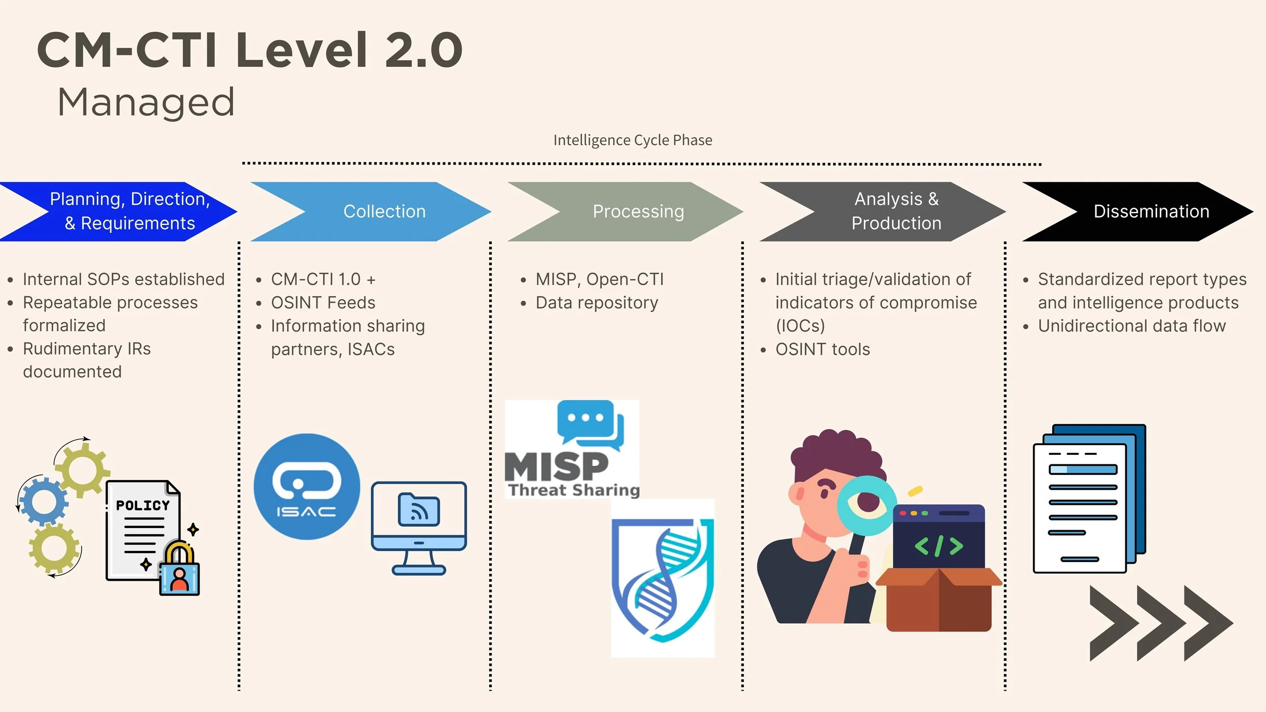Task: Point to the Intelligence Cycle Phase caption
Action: pos(632,140)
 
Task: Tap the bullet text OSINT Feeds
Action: pos(323,302)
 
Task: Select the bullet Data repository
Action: pos(596,302)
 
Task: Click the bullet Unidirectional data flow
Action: pos(1131,326)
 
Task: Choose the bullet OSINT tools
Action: pos(822,349)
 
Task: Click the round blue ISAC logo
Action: pos(306,487)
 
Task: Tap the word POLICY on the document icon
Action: pos(143,505)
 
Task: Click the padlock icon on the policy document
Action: pos(179,570)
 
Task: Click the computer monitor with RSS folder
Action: pos(419,527)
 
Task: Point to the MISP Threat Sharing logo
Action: pos(572,450)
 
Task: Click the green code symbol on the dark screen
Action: pos(938,546)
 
